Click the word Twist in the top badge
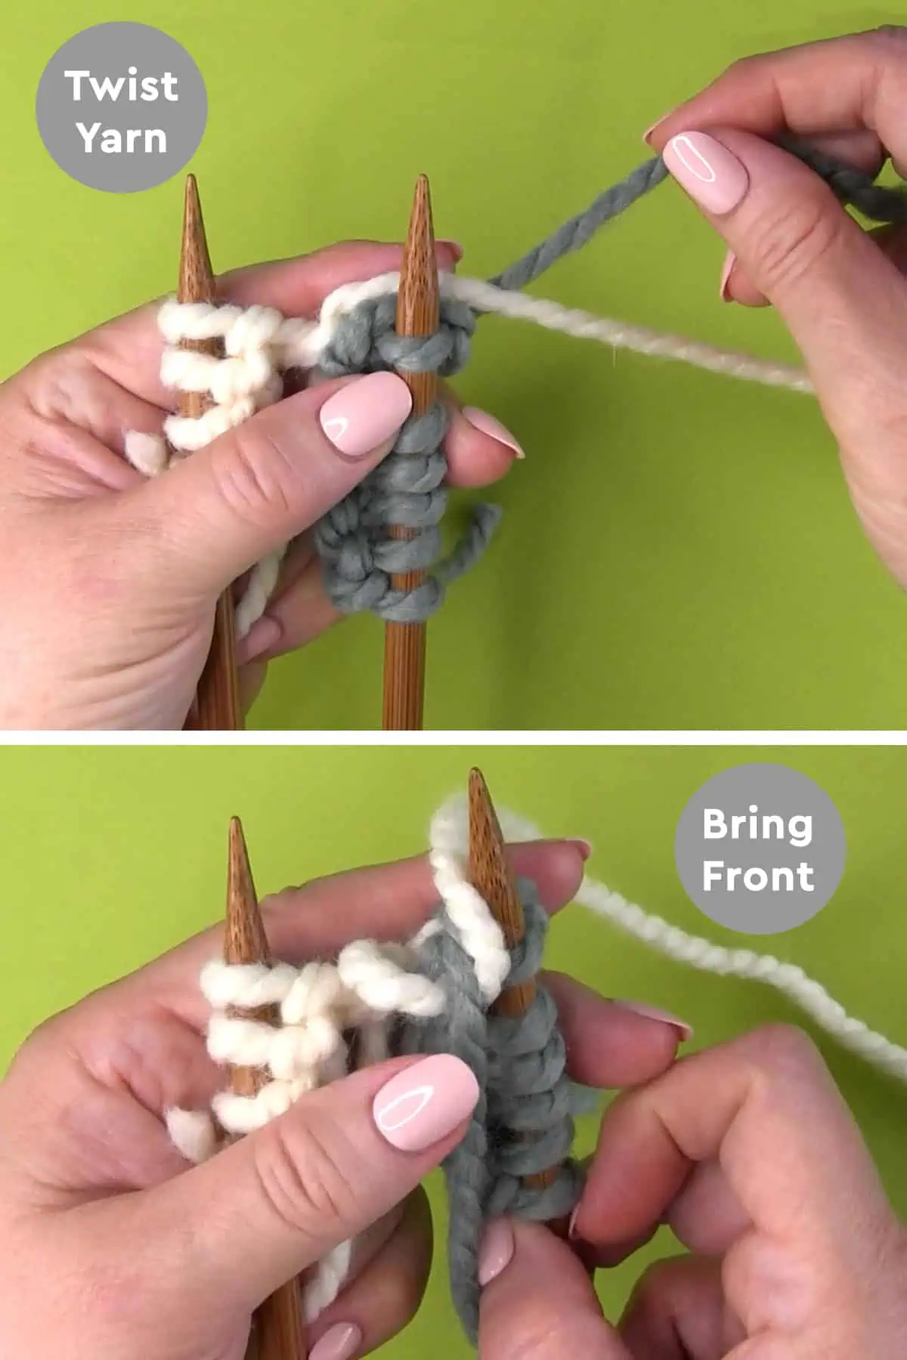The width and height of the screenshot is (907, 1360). (121, 85)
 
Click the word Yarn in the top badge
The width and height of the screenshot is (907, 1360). (121, 138)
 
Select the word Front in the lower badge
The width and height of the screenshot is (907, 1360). (757, 876)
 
